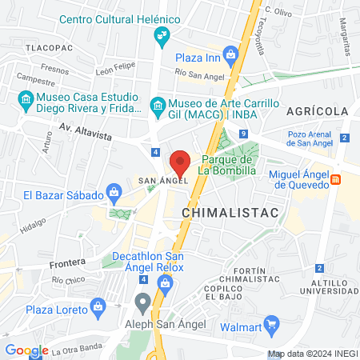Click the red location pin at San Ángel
pos(181,162)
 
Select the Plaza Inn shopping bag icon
pos(231,56)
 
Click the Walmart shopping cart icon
pos(271,324)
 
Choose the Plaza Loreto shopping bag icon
pos(98,306)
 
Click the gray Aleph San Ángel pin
pos(143,302)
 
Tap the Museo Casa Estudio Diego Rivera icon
pos(24,100)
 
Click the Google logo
pos(26,350)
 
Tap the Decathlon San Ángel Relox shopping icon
pos(166,282)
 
